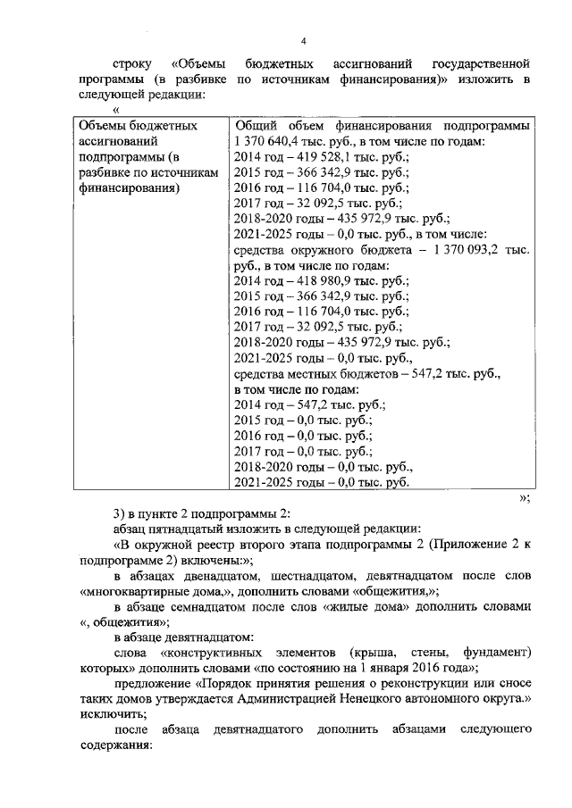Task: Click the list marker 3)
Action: (121, 512)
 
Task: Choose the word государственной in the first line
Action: (481, 65)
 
